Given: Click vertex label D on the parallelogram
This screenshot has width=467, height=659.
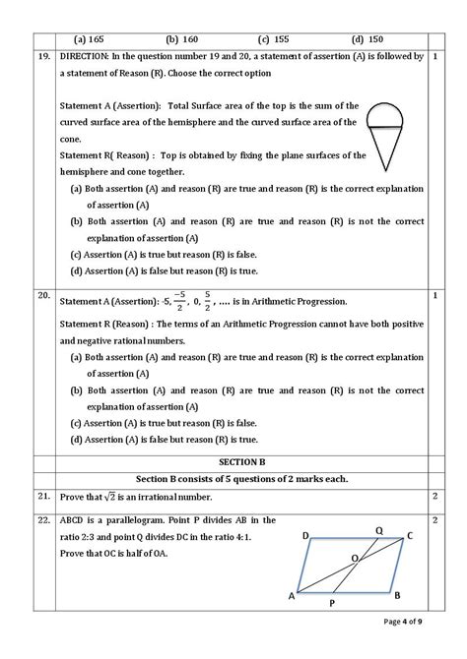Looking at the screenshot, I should (306, 536).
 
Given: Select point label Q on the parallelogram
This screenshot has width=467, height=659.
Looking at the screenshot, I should (379, 530).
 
